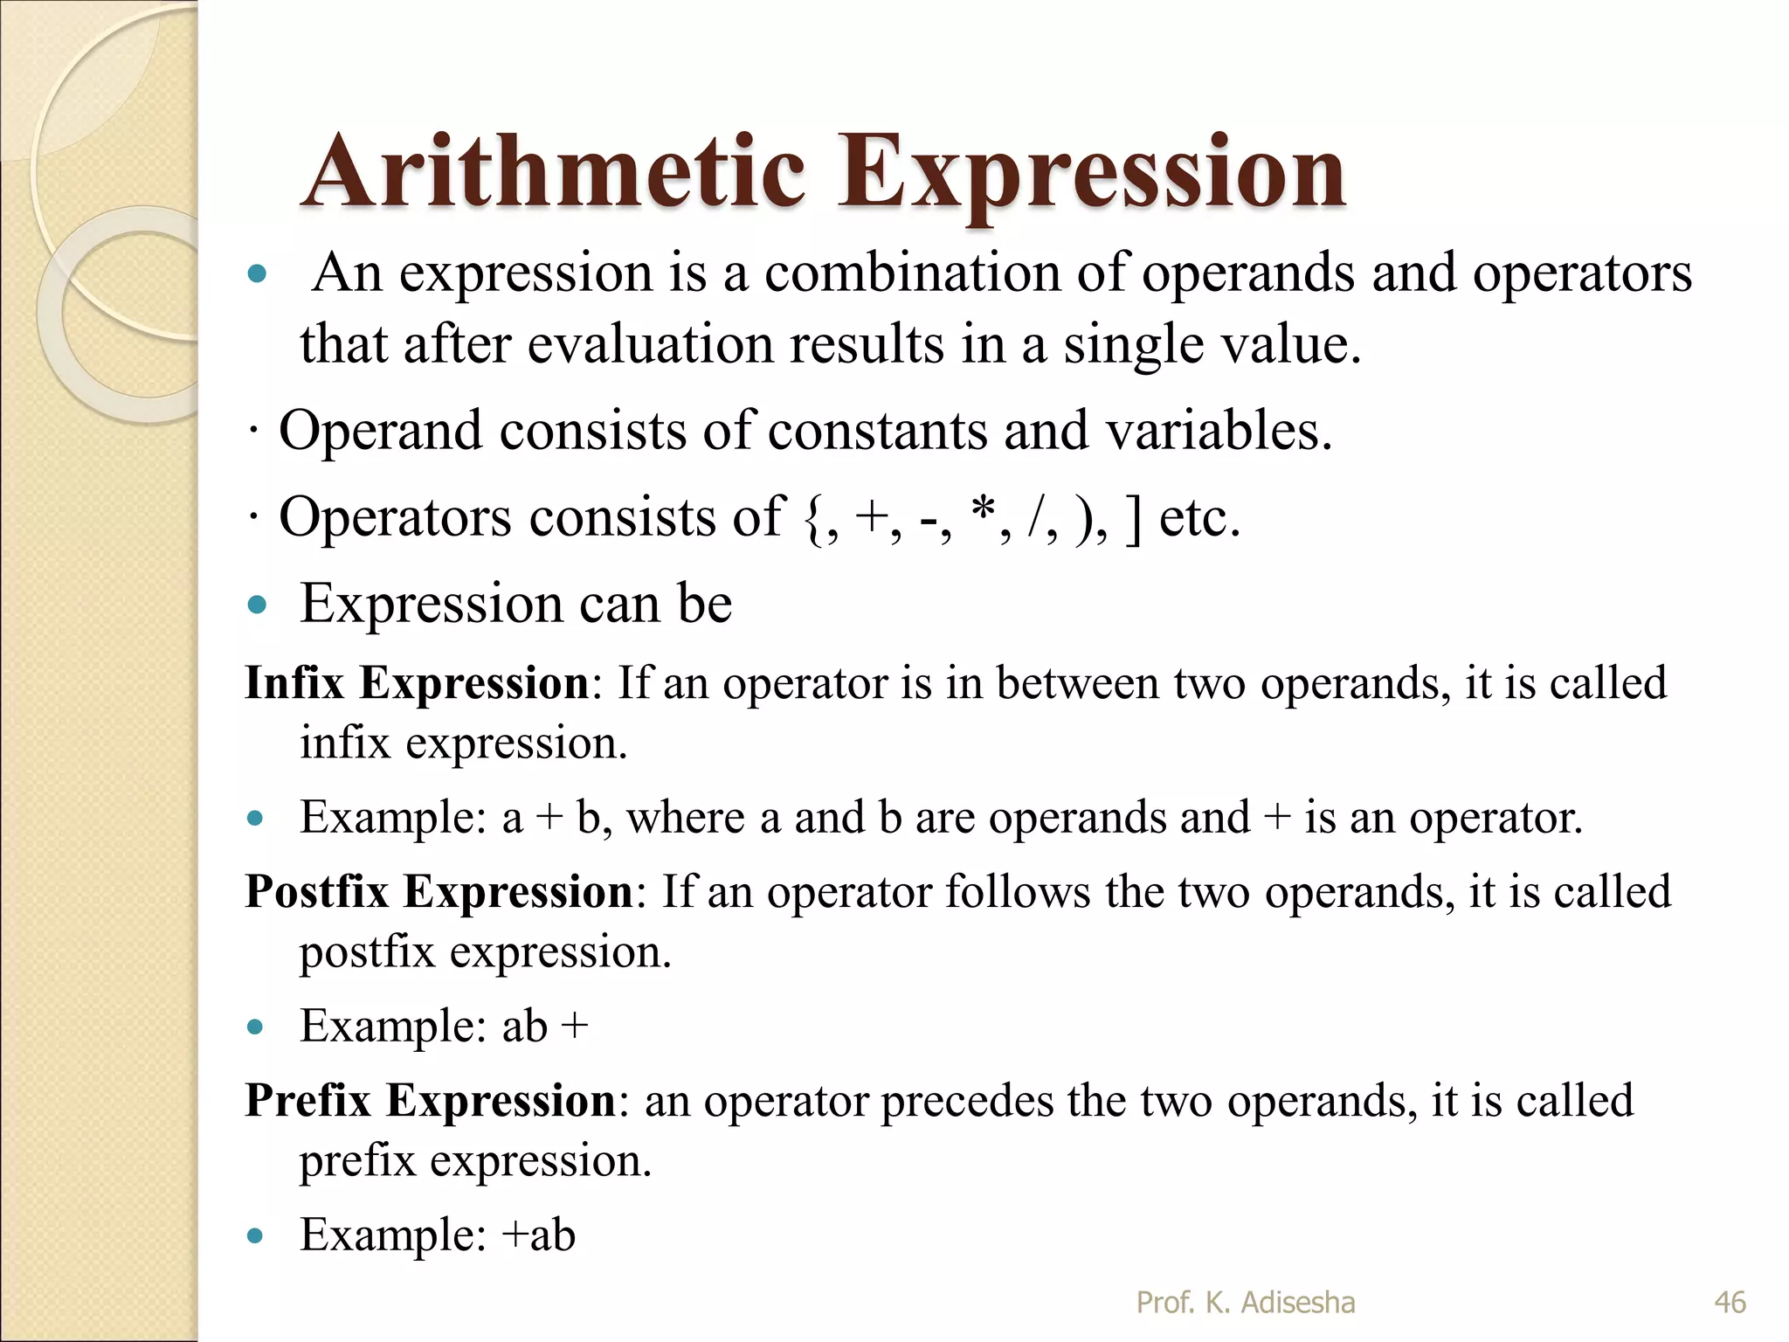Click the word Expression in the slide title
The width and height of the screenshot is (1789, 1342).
pos(1091,175)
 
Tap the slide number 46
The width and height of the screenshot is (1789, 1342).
pos(1730,1303)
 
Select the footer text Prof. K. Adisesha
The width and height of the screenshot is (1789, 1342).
pos(1245,1303)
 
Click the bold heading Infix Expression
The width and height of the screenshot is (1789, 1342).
pos(417,682)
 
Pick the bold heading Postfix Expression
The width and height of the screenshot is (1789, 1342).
pos(439,892)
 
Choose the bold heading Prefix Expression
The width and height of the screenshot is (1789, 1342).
pos(431,1101)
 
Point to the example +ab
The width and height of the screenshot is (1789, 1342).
pos(538,1235)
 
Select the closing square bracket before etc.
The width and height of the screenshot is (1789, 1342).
pos(1133,518)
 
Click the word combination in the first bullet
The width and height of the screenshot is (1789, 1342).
pos(912,273)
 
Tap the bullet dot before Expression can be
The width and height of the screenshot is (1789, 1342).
pos(256,605)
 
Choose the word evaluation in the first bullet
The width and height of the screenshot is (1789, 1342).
pos(650,344)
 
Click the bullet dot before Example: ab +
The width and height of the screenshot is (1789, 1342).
pos(255,1027)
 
